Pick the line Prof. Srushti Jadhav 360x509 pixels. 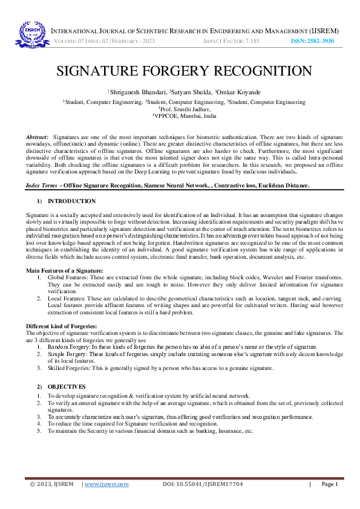click(180, 109)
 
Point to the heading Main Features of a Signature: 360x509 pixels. click(64, 270)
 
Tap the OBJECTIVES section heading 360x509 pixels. click(67, 386)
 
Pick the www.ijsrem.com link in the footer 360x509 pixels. click(106, 484)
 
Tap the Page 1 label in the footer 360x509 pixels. click(329, 484)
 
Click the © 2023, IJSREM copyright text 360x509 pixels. click(51, 484)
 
